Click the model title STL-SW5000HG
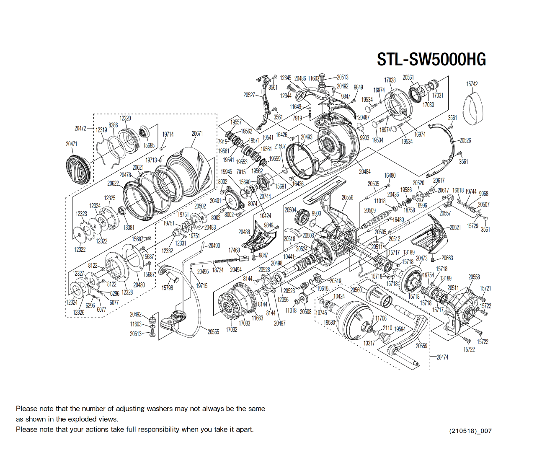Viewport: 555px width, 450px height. [x=431, y=59]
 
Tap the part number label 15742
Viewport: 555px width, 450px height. [x=472, y=84]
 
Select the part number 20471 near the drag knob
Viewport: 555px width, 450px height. [x=72, y=144]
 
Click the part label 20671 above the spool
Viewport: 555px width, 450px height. [x=197, y=134]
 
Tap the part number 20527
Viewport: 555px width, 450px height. [x=249, y=95]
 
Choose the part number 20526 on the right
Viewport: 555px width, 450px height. [x=465, y=141]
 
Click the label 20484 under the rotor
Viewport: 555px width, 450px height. [x=364, y=172]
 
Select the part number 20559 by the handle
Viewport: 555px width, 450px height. [x=421, y=346]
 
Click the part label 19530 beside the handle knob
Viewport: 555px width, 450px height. [x=330, y=322]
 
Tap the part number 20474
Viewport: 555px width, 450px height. [x=442, y=357]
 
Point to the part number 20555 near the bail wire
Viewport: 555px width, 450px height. [x=213, y=332]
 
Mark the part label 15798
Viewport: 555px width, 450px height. [x=167, y=288]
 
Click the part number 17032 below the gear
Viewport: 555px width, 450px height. [x=232, y=330]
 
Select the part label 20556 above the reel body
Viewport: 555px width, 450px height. [x=347, y=197]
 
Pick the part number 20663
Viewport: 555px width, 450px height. [x=447, y=258]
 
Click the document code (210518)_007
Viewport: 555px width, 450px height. [x=470, y=431]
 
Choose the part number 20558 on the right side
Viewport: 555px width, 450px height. [x=474, y=277]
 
